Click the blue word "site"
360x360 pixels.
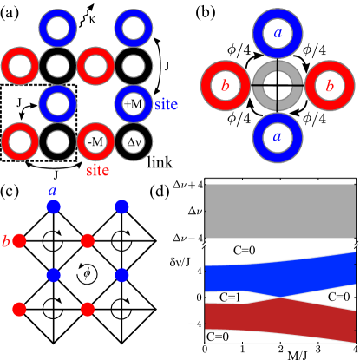[x=166, y=105]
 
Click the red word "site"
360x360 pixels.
[x=98, y=171]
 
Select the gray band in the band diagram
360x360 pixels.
[x=280, y=211]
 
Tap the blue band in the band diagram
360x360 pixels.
[x=280, y=275]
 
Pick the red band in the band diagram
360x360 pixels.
[x=280, y=317]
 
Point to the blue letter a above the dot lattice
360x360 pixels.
[x=53, y=190]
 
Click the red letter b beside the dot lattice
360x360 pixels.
[x=6, y=241]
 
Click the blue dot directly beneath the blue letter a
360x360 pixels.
[x=53, y=206]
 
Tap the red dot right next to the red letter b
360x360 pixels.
[x=19, y=240]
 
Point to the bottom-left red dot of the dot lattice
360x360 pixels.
[x=19, y=309]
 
